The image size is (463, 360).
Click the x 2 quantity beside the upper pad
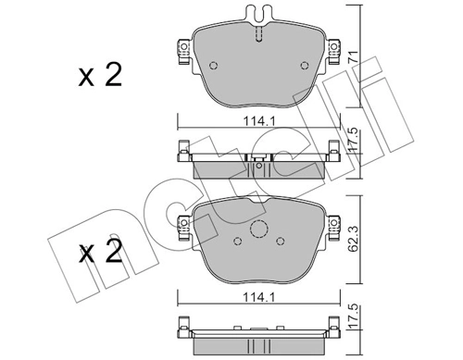click(x=100, y=76)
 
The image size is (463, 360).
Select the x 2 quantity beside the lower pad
click(x=100, y=253)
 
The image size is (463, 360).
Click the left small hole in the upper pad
click(x=214, y=66)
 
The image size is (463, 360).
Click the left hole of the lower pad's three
click(x=237, y=242)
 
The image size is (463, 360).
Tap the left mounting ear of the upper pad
click(x=180, y=53)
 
